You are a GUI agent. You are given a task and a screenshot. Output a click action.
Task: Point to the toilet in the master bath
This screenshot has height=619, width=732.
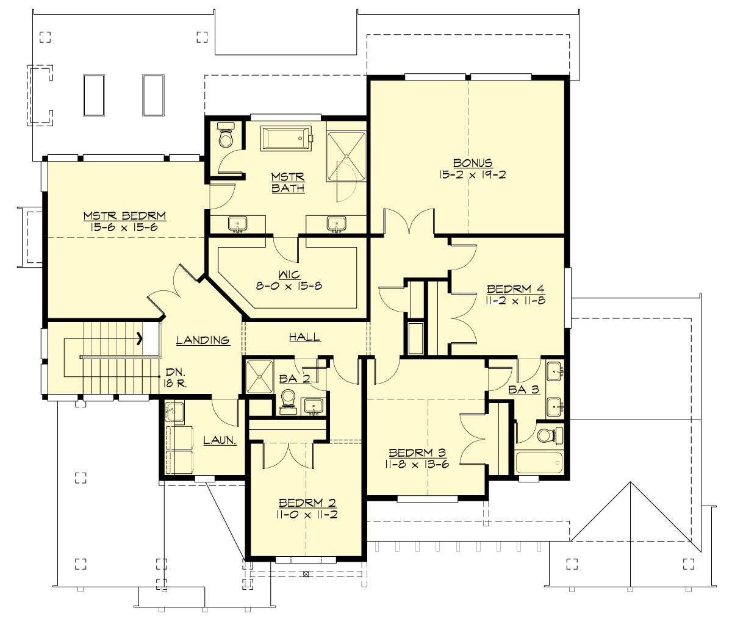(226, 138)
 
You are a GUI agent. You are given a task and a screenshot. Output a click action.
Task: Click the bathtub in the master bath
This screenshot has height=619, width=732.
(286, 138)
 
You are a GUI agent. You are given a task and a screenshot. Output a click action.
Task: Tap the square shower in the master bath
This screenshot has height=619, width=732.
(346, 156)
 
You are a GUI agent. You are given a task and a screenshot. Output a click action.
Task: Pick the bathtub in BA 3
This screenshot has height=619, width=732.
(539, 462)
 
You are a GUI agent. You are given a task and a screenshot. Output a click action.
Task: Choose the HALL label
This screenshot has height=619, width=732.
(304, 337)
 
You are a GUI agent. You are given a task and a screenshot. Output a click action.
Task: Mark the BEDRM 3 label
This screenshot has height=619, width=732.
(417, 453)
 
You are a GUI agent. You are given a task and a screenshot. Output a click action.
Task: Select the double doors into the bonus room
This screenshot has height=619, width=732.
(409, 223)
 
